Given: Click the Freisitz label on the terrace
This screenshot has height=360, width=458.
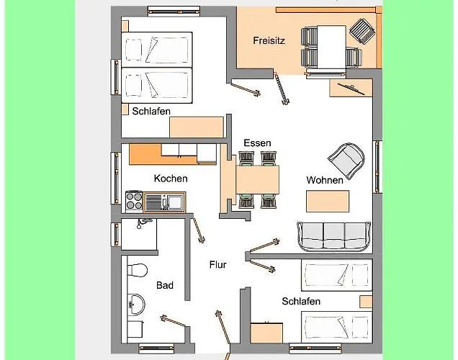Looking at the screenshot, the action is coord(269,40).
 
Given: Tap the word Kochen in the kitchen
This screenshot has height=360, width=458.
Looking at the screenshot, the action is coord(171,179).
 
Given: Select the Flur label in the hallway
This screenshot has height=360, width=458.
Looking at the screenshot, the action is coord(218,264).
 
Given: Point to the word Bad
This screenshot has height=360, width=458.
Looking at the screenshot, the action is coord(165,285).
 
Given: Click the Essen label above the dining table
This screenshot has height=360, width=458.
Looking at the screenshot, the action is coord(257,143).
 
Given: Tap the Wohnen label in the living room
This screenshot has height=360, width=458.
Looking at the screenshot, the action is coord(325,180).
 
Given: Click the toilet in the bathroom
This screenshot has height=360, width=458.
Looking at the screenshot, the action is coord(137,270).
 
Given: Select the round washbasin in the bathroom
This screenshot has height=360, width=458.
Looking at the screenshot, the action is coord(136,304).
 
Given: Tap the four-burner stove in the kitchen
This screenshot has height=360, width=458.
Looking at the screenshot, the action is coord(134,201).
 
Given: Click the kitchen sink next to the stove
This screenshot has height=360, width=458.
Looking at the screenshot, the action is coord(164,202).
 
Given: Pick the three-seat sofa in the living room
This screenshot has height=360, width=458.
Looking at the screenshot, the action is coord(334,236).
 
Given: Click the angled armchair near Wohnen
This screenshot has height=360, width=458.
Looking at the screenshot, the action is coord(346,161).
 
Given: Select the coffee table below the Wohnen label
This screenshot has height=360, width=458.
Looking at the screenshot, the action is coord(328,201).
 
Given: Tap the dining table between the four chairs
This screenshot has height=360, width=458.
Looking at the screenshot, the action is coord(257,179).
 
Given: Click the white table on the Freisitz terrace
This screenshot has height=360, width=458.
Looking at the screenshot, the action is coord(331,48).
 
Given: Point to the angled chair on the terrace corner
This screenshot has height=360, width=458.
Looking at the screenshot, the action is coord(362,31).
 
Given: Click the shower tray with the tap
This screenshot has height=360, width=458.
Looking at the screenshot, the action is coord(139,234).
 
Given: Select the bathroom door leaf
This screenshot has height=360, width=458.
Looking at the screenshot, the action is coord(173,321).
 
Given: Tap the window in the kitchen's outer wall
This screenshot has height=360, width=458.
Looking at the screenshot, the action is coord(116,178).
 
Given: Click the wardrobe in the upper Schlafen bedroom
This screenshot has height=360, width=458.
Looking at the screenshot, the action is coord(197,127).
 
